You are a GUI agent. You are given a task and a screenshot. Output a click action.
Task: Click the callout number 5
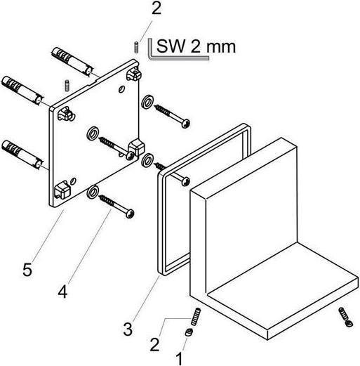point(27,270)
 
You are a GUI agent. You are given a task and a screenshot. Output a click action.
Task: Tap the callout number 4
point(63,292)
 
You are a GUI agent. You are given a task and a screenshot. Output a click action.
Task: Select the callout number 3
point(128,329)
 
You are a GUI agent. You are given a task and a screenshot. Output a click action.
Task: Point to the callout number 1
point(179,358)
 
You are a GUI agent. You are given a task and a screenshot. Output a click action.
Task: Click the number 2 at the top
point(156,9)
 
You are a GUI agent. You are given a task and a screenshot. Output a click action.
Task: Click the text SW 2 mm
point(196,46)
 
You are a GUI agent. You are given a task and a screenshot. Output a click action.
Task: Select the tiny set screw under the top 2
point(136,47)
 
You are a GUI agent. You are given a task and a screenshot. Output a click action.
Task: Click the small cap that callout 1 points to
point(189,332)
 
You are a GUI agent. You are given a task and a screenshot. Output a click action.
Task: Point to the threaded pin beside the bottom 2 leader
point(196,316)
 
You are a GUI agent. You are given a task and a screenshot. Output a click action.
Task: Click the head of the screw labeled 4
point(130,214)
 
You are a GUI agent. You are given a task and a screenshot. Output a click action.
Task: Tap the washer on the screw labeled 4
point(93,192)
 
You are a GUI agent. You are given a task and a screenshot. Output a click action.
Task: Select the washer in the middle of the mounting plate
point(93,133)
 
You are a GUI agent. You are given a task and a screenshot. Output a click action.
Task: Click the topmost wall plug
point(72,61)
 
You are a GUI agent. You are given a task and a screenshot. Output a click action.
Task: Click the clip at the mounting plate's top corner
point(134,73)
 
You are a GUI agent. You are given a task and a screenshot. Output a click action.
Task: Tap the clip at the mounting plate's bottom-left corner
point(62,190)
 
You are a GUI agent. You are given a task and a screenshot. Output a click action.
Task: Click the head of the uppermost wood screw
point(185,124)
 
